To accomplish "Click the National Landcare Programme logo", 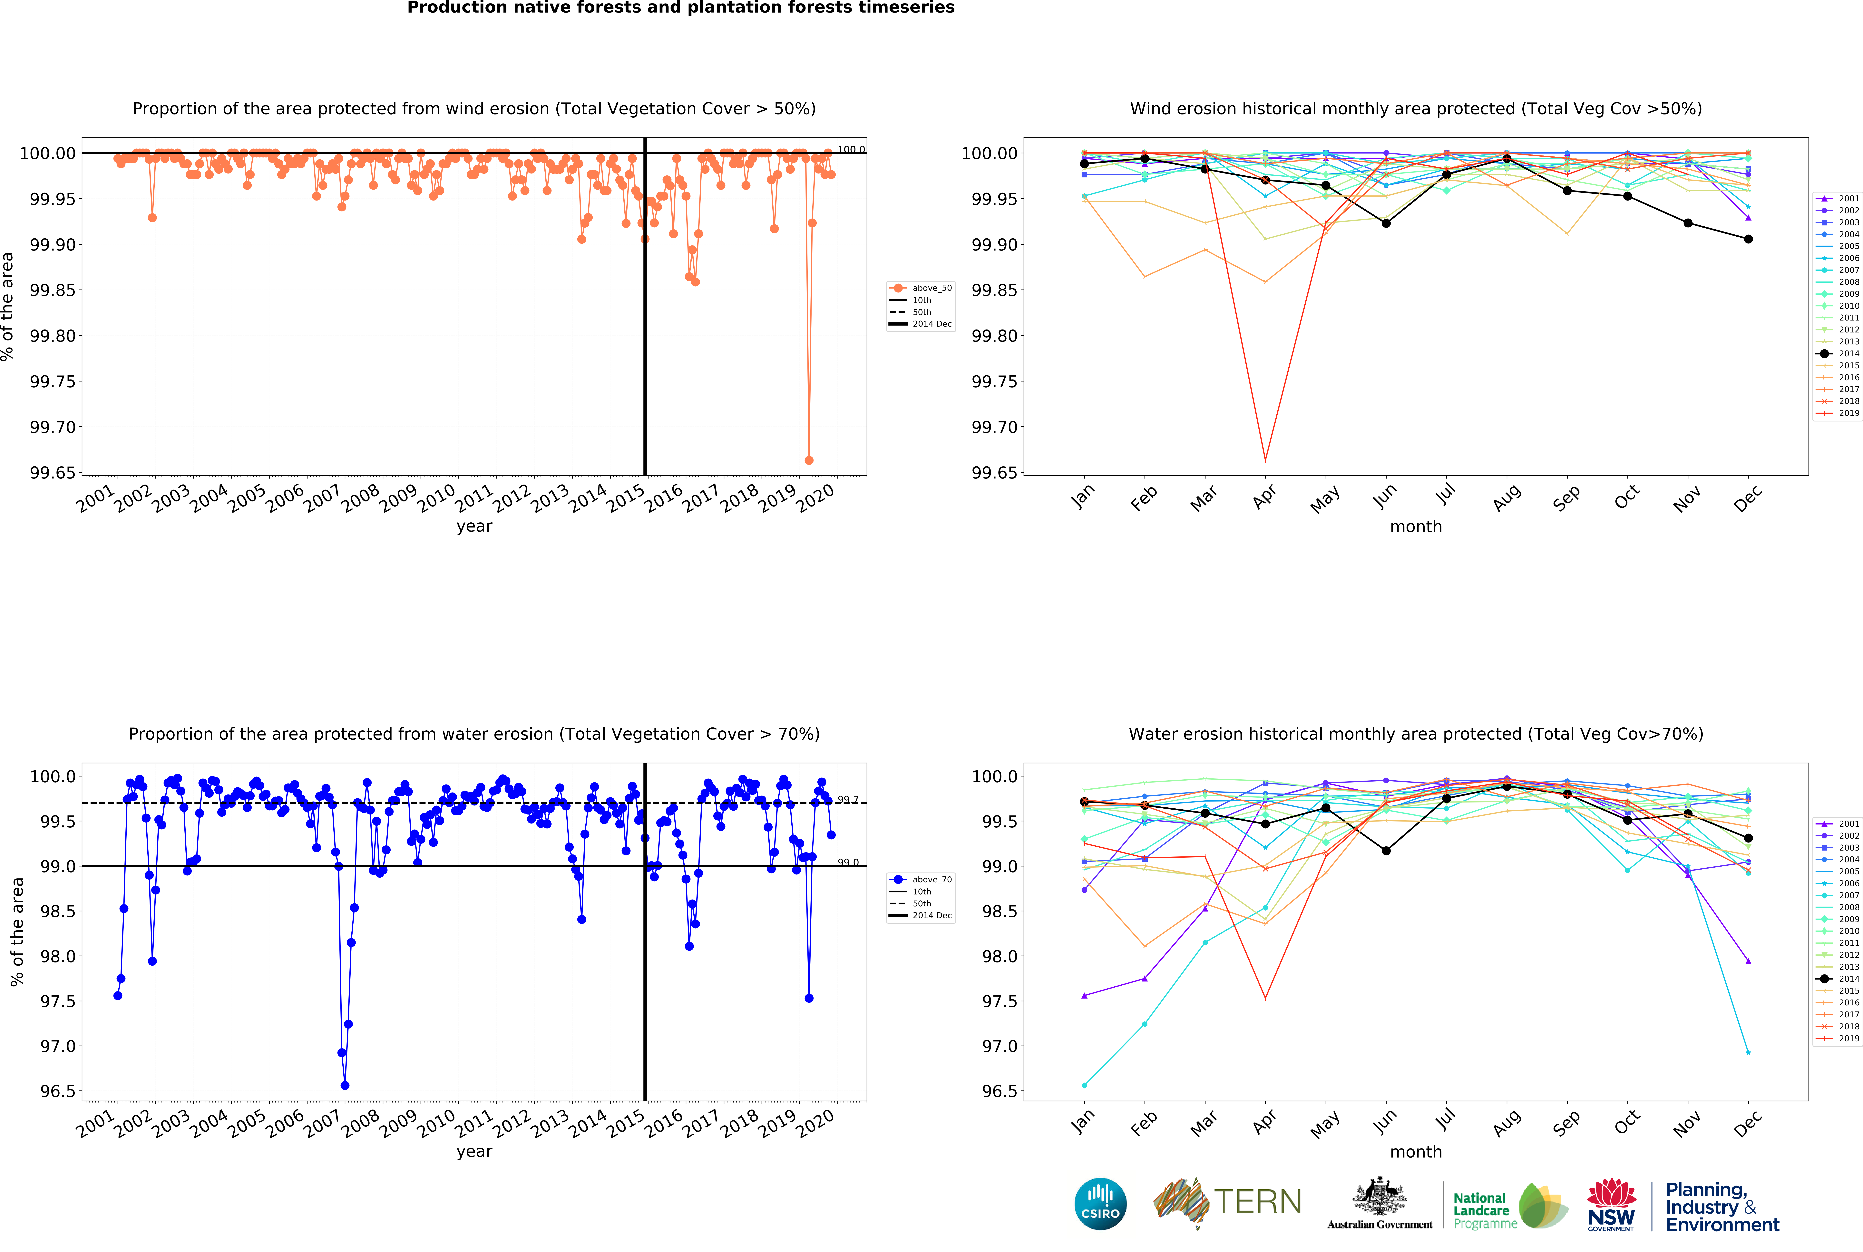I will pyautogui.click(x=1509, y=1206).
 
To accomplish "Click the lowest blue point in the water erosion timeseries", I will pyautogui.click(x=345, y=1085).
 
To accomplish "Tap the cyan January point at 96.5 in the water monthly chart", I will pyautogui.click(x=1084, y=1085).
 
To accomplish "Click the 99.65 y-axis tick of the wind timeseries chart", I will pyautogui.click(x=53, y=473).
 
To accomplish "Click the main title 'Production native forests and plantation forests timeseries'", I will pyautogui.click(x=681, y=8).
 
